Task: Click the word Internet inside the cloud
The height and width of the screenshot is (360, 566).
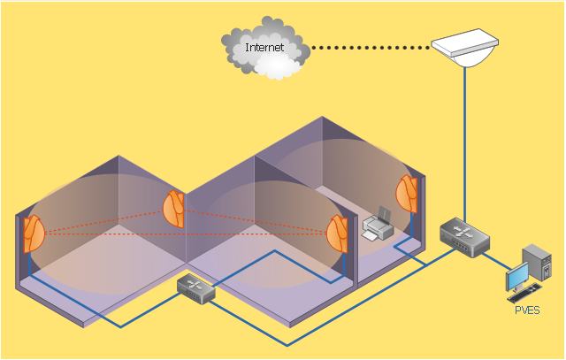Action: [264, 48]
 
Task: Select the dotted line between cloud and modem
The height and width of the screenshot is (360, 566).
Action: [371, 47]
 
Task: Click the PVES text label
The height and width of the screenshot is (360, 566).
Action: [527, 310]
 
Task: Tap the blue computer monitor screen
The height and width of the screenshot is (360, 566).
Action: [516, 280]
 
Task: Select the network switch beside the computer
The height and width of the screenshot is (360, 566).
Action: [460, 236]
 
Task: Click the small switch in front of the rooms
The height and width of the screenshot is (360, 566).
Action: [195, 287]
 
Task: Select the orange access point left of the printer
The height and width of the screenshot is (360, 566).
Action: [337, 233]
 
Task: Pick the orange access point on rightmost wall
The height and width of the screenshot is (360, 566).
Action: [407, 193]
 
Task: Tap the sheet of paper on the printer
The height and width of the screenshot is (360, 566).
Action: [383, 214]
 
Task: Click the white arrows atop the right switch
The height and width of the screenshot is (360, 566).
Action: [461, 231]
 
